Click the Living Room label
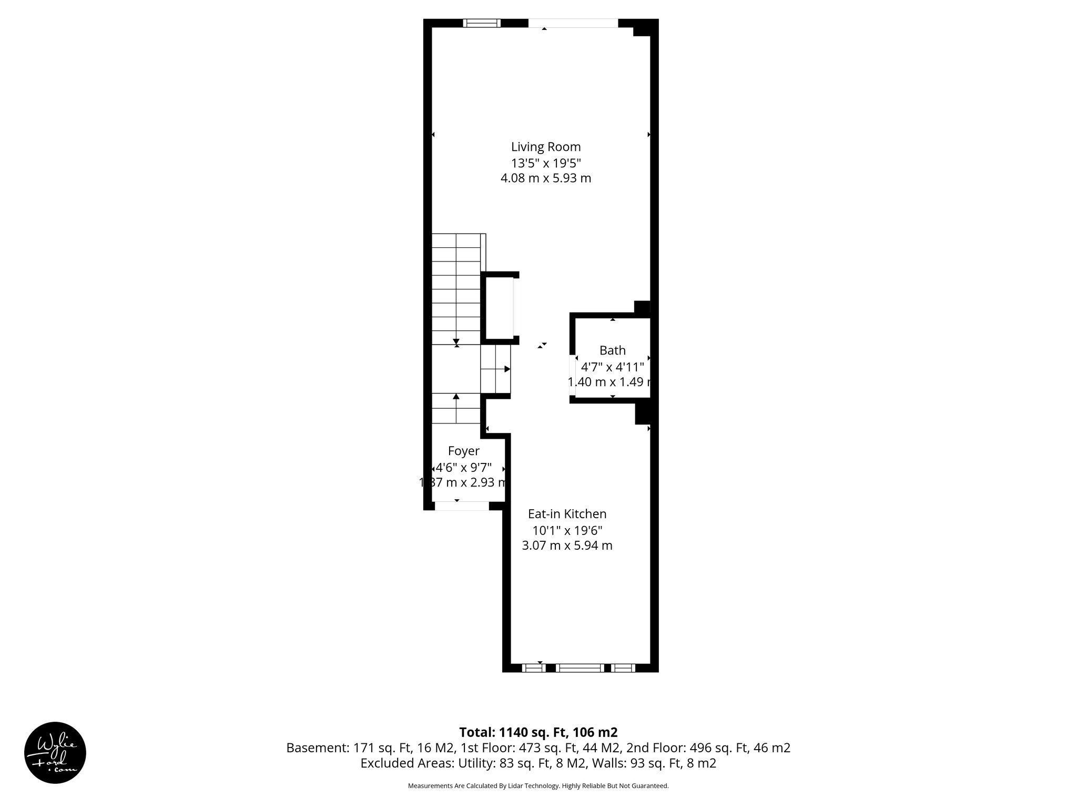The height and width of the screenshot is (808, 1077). [546, 147]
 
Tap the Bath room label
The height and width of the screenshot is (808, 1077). [613, 350]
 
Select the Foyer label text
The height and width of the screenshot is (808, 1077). [463, 451]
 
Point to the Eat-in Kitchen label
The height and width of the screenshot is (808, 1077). [567, 514]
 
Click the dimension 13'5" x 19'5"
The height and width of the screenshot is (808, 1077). [546, 163]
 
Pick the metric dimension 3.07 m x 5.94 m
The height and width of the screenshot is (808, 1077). [567, 546]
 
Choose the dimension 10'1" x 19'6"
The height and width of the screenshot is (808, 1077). [567, 530]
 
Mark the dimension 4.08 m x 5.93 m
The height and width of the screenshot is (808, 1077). [546, 178]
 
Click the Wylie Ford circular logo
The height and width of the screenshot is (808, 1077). [55, 753]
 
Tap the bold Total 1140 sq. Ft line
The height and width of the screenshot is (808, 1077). [538, 732]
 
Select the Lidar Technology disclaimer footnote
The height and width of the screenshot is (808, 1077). [538, 786]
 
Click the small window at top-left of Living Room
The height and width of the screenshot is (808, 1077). [482, 23]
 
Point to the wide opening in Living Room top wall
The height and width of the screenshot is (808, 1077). [573, 23]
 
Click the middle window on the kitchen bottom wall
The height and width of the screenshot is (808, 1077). [580, 668]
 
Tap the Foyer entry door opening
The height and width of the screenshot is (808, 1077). [462, 506]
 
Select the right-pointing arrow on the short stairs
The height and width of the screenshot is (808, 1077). [507, 369]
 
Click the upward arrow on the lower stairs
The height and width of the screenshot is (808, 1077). [456, 397]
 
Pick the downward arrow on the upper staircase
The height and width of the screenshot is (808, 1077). [456, 340]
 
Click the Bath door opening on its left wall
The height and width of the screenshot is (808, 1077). [573, 371]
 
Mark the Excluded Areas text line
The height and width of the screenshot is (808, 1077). [538, 763]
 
